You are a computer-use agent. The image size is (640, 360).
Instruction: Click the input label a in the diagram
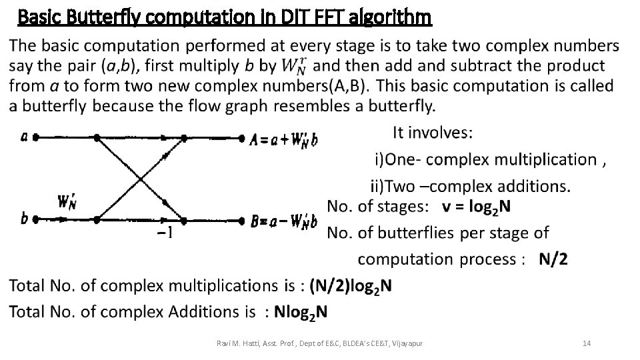[25, 137]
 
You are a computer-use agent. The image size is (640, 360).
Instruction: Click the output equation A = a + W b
[283, 139]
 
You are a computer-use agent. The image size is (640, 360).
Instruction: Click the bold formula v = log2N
[477, 207]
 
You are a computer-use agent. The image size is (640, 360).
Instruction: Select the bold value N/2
[553, 259]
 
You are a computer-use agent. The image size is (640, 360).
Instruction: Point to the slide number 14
[587, 343]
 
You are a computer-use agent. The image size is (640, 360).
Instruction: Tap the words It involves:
[433, 133]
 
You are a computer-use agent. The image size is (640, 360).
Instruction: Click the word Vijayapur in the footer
[405, 343]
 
